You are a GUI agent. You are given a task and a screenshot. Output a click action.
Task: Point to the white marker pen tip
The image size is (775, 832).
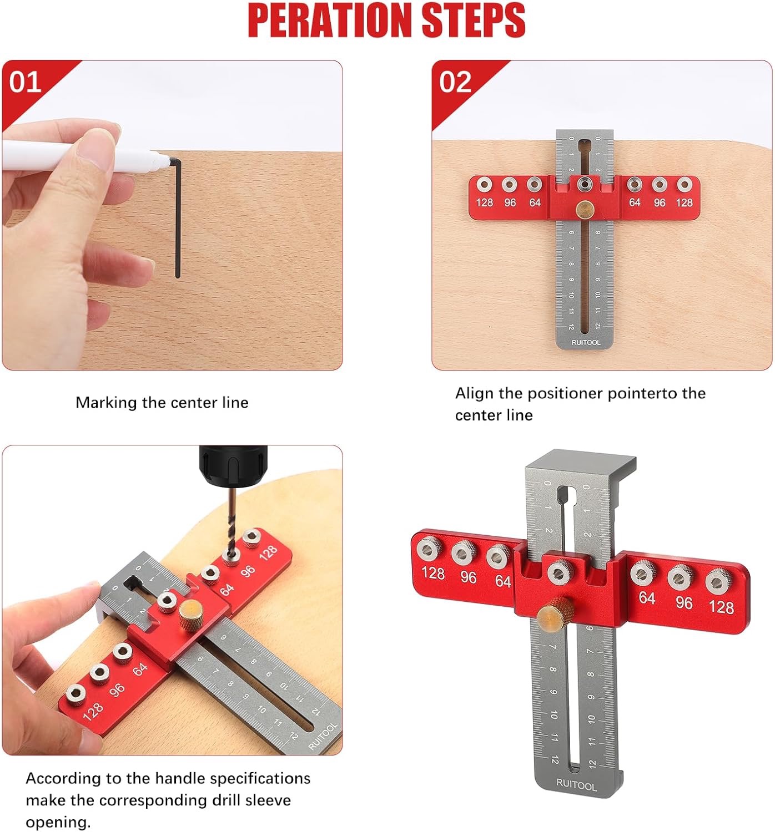[x=164, y=160]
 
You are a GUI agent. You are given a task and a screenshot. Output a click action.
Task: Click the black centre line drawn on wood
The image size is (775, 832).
[x=178, y=218]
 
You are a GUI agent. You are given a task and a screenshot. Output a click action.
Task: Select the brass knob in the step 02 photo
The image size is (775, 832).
[x=585, y=208]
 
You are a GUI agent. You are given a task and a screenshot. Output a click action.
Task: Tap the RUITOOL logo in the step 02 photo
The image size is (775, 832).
[x=586, y=342]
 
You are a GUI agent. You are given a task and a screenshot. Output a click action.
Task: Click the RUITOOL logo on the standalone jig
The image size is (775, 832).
[x=576, y=784]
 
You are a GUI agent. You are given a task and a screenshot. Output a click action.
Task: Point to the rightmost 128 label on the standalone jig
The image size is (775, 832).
[x=721, y=607]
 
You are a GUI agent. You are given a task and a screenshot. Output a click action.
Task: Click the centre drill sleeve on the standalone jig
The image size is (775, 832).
[x=558, y=572]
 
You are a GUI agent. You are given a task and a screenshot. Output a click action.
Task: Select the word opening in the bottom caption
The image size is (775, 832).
[x=58, y=823]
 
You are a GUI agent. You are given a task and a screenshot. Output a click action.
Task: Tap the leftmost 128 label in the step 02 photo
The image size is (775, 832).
[x=484, y=202]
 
